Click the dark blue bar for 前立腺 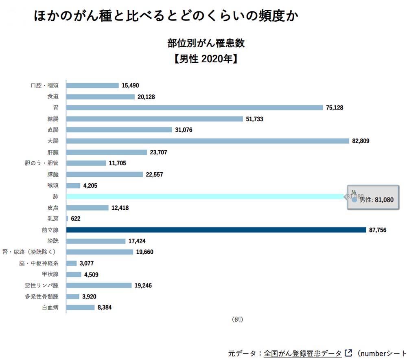tap(216, 230)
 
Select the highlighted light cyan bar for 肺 tap(203, 196)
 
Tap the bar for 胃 tap(194, 108)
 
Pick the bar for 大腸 tap(208, 141)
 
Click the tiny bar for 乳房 tap(67, 218)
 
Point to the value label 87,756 tap(378, 230)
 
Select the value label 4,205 tap(91, 186)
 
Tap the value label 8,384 tap(105, 308)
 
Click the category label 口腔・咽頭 tap(45, 86)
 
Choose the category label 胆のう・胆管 tap(42, 163)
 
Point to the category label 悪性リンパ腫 tap(42, 285)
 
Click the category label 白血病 tap(50, 308)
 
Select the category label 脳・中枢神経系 tap(39, 263)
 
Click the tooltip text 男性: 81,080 tap(376, 200)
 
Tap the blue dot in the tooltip tap(354, 200)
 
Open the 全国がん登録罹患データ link tap(303, 353)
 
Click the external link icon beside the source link tap(348, 353)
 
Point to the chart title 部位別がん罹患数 tap(206, 43)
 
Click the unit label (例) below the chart tap(237, 319)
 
